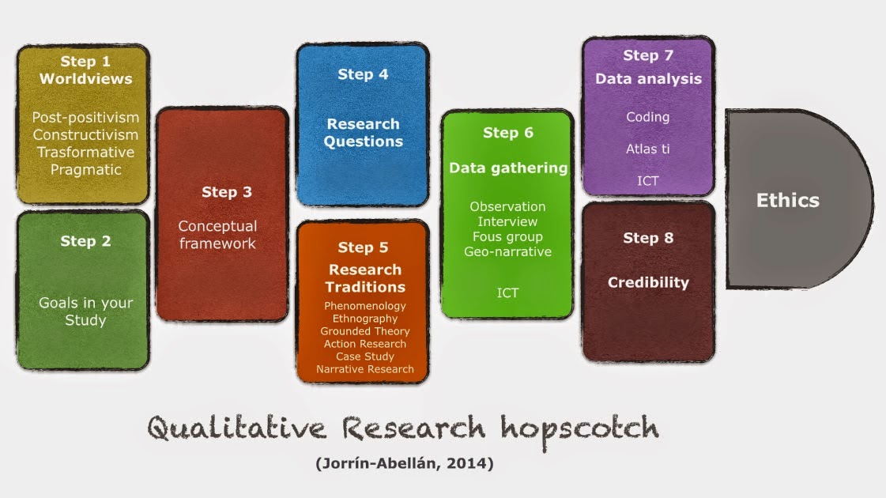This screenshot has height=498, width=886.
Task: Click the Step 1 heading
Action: pyautogui.click(x=85, y=61)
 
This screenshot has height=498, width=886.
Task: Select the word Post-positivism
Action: pyautogui.click(x=85, y=117)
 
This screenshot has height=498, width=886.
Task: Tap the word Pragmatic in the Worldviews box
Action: pyautogui.click(x=86, y=170)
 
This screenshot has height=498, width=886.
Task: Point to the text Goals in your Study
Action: pyautogui.click(x=86, y=311)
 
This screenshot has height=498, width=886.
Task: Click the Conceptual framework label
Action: pyautogui.click(x=217, y=235)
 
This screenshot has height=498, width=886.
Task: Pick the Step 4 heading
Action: pyautogui.click(x=363, y=74)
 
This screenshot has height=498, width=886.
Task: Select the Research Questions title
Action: pyautogui.click(x=364, y=132)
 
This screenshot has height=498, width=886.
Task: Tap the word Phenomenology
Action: pyautogui.click(x=365, y=306)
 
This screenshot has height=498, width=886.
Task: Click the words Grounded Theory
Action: pyautogui.click(x=365, y=331)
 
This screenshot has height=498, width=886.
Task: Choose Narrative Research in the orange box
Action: pyautogui.click(x=365, y=369)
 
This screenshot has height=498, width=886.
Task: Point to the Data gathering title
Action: pyautogui.click(x=508, y=168)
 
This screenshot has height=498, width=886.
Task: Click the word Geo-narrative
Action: pyautogui.click(x=508, y=251)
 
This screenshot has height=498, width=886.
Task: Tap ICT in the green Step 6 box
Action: pyautogui.click(x=507, y=292)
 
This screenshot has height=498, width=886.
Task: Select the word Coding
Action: pyautogui.click(x=647, y=117)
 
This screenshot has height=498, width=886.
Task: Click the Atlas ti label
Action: pyautogui.click(x=647, y=149)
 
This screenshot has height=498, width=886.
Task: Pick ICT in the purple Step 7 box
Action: pyautogui.click(x=647, y=181)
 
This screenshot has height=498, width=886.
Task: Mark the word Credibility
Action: pyautogui.click(x=648, y=283)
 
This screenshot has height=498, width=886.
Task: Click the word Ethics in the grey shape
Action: pyautogui.click(x=788, y=200)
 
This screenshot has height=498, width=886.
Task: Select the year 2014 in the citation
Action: pyautogui.click(x=467, y=463)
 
